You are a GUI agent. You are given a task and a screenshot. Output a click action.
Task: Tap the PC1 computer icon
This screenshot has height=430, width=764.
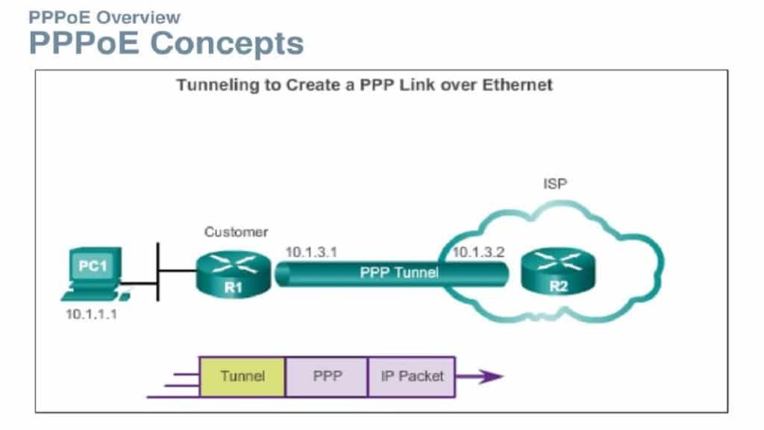94,269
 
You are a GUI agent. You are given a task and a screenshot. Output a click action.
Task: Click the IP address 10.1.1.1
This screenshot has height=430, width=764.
91,314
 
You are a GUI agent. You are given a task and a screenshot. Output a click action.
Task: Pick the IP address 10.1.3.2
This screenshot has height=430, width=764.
478,252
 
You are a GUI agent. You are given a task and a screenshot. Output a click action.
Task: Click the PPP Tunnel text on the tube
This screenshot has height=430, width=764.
399,273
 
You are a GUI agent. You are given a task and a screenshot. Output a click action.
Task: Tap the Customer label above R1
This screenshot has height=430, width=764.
236,232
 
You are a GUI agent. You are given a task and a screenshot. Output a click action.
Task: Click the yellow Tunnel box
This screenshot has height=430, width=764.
242,376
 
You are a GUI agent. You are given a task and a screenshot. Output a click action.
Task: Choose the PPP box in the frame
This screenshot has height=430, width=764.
327,376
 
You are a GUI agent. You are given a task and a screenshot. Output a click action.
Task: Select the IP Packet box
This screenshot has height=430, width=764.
412,376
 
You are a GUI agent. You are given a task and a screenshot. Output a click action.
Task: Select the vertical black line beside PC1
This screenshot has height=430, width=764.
158,272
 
